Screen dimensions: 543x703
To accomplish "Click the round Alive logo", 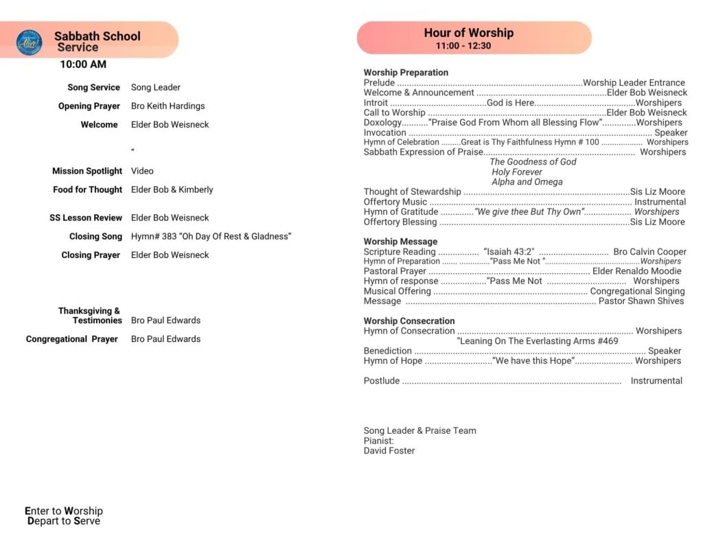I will (x=29, y=42).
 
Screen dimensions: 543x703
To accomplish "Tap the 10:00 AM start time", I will (x=83, y=65).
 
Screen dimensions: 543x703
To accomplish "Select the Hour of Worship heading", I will (x=468, y=32).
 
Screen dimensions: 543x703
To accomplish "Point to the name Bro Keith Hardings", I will (x=168, y=106).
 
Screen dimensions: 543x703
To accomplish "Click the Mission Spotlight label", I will (x=87, y=171).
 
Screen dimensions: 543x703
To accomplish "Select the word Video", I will (x=142, y=171).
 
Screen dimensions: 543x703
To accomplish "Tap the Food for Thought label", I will (x=87, y=189).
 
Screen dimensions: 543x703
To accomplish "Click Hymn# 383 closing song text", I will (x=211, y=236).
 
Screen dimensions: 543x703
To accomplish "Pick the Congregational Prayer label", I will (x=72, y=339).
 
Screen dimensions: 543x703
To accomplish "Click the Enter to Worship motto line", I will (x=64, y=511).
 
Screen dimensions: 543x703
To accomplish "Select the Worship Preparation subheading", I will (x=406, y=72).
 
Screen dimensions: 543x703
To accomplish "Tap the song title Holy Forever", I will (x=516, y=172).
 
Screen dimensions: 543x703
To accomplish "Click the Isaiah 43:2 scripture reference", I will (x=509, y=252).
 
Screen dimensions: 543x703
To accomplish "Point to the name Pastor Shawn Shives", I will (x=641, y=301).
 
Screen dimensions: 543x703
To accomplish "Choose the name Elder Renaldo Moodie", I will (x=638, y=271).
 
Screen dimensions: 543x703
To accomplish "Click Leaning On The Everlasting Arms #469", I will (x=538, y=340).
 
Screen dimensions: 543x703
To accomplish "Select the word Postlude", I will (x=382, y=380).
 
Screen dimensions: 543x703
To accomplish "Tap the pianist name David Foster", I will (x=389, y=451).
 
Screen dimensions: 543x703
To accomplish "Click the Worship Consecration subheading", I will (x=409, y=321).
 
